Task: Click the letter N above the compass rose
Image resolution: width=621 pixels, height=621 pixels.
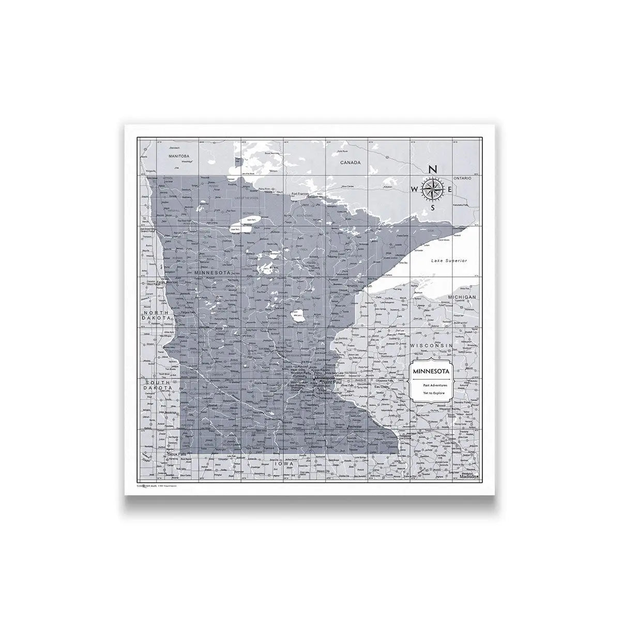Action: click(433, 169)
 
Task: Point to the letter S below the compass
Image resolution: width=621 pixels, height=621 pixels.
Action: click(434, 208)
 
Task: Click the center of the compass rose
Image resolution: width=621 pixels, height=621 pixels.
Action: click(433, 189)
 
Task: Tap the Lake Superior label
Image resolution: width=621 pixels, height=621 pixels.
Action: click(449, 260)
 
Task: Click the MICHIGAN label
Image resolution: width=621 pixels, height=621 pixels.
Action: click(462, 297)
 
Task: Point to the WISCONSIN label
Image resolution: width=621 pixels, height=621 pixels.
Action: click(431, 345)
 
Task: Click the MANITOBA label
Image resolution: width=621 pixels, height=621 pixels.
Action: click(179, 155)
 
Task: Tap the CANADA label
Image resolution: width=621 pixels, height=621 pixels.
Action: click(350, 162)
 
